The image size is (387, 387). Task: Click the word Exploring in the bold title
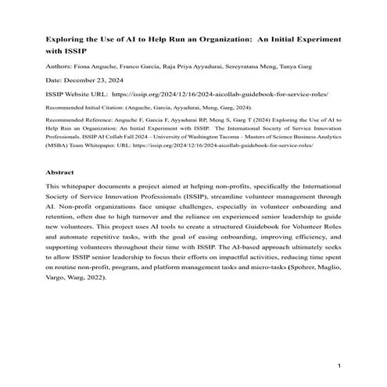pos(66,38)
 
